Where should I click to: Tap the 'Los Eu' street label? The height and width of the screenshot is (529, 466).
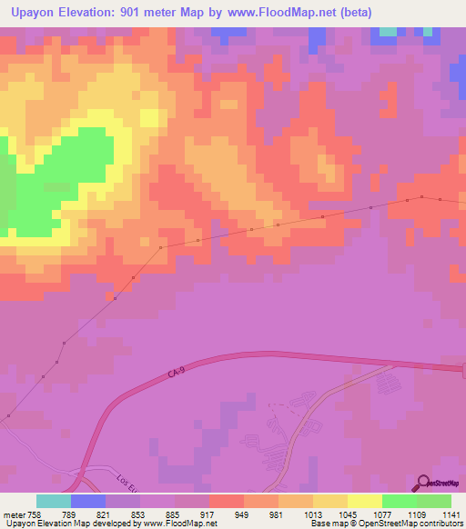(129, 479)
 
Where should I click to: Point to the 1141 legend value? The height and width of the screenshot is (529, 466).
(451, 514)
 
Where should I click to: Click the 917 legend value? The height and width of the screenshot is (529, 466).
(208, 514)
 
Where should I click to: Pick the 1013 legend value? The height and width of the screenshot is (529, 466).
(312, 514)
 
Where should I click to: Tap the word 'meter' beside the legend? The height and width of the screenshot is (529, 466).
(13, 514)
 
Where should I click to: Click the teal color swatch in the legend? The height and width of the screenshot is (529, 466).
(54, 501)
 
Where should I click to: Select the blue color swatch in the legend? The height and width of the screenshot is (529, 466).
(88, 501)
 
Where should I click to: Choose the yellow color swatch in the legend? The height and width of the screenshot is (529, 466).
(365, 501)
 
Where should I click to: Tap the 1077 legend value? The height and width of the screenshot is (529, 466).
(381, 514)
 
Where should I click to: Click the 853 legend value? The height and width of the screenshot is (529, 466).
(139, 514)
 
